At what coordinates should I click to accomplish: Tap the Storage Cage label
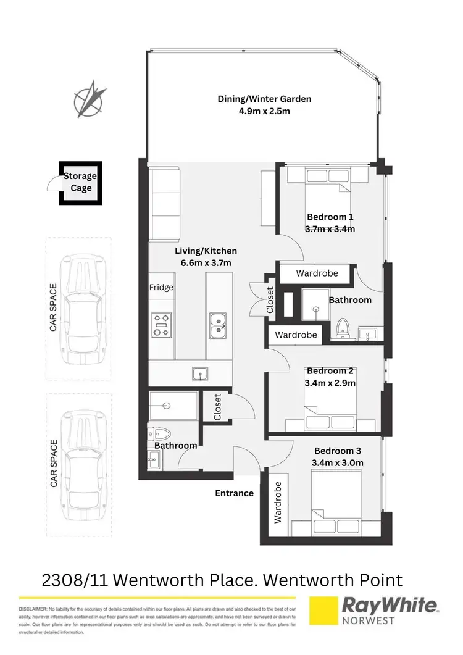[80, 182]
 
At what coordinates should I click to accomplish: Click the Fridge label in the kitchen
[161, 288]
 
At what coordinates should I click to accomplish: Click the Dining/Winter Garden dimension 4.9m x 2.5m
[264, 111]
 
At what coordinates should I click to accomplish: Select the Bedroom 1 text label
[330, 217]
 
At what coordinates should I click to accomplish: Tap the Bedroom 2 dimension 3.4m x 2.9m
[330, 383]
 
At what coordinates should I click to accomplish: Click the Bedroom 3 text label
[338, 451]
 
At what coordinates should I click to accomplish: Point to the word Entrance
[234, 493]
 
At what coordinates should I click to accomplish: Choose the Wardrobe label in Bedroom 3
[278, 502]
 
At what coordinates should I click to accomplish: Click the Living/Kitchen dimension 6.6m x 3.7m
[206, 263]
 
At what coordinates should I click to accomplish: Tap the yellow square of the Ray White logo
[327, 614]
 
